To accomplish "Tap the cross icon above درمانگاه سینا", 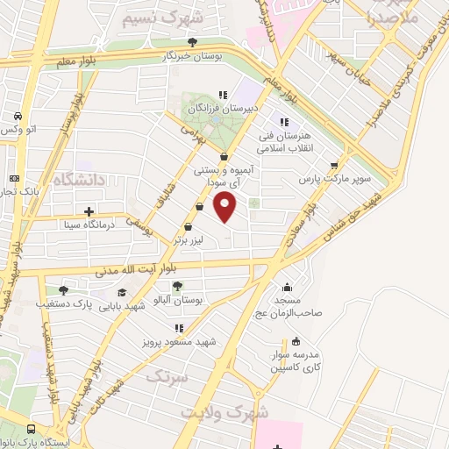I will [x=89, y=210].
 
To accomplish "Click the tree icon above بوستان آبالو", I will [x=177, y=286].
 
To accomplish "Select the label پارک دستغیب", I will [x=63, y=304].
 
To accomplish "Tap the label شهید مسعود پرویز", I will [x=172, y=343].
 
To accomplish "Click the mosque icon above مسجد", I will [x=289, y=286].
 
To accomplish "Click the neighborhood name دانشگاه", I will [x=80, y=181].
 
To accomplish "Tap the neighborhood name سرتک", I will [x=167, y=378].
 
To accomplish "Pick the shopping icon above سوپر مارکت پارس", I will [x=334, y=165].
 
